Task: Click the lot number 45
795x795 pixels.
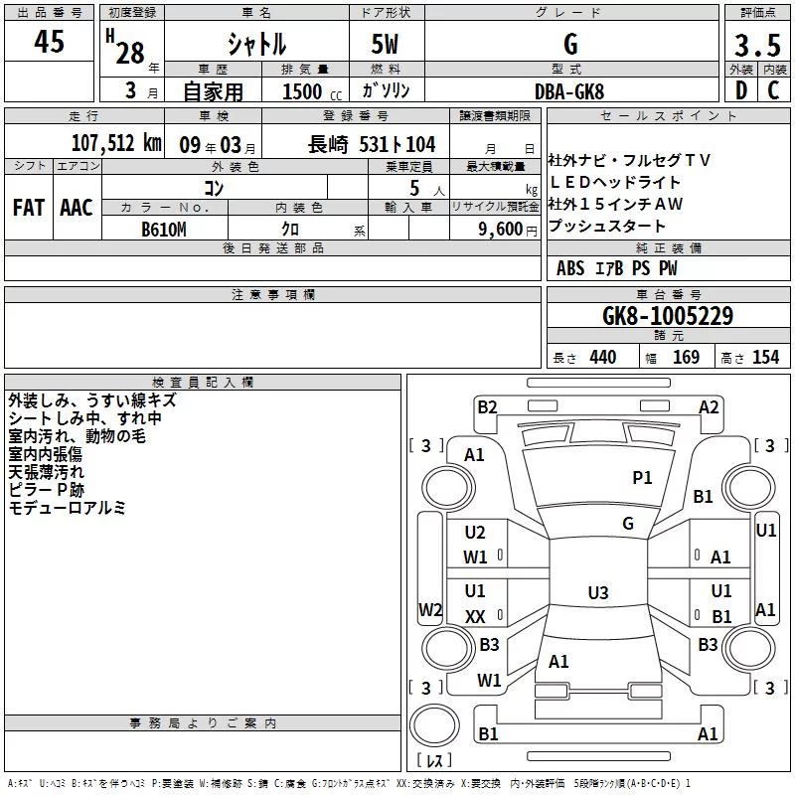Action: point(49,41)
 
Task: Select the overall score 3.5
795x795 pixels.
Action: point(757,45)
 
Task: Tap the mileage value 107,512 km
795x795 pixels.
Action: point(116,143)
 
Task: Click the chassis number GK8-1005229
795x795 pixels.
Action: point(668,316)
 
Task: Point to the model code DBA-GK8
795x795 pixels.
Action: point(569,91)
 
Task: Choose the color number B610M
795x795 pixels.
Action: point(164,230)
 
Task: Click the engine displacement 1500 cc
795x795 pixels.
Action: point(312,91)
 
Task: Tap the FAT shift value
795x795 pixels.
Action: point(29,208)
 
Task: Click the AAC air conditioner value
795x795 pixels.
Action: point(77,208)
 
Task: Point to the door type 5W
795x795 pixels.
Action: point(385,44)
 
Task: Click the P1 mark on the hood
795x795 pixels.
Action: point(642,478)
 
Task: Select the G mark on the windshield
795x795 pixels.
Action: point(628,524)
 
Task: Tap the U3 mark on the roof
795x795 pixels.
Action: point(598,592)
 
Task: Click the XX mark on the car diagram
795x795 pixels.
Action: point(475,617)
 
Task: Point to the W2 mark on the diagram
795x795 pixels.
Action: point(430,609)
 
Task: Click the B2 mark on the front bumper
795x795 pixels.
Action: point(487,407)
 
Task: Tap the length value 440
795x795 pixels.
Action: point(603,357)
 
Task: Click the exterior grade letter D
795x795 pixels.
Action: point(741,90)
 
